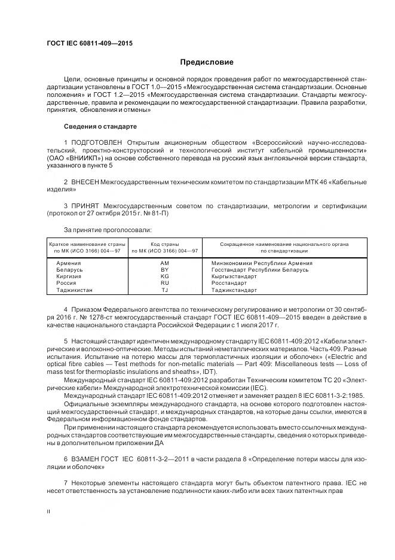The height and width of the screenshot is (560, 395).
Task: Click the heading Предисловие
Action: pyautogui.click(x=207, y=62)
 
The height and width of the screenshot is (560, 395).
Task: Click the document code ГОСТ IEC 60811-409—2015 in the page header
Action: pyautogui.click(x=90, y=44)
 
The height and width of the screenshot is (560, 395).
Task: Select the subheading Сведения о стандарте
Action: pyautogui.click(x=100, y=127)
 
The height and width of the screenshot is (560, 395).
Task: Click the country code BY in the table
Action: pyautogui.click(x=165, y=270)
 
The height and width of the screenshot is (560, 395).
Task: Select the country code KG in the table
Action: pyautogui.click(x=165, y=276)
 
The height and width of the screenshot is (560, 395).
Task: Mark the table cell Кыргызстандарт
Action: pyautogui.click(x=234, y=276)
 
